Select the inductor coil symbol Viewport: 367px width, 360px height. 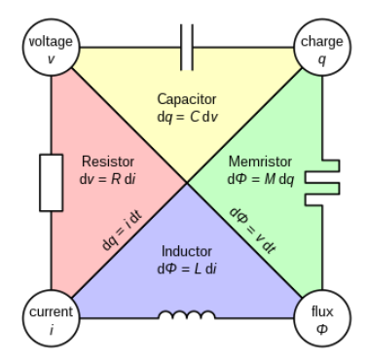[185, 315]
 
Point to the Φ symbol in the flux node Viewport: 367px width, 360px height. [320, 328]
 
